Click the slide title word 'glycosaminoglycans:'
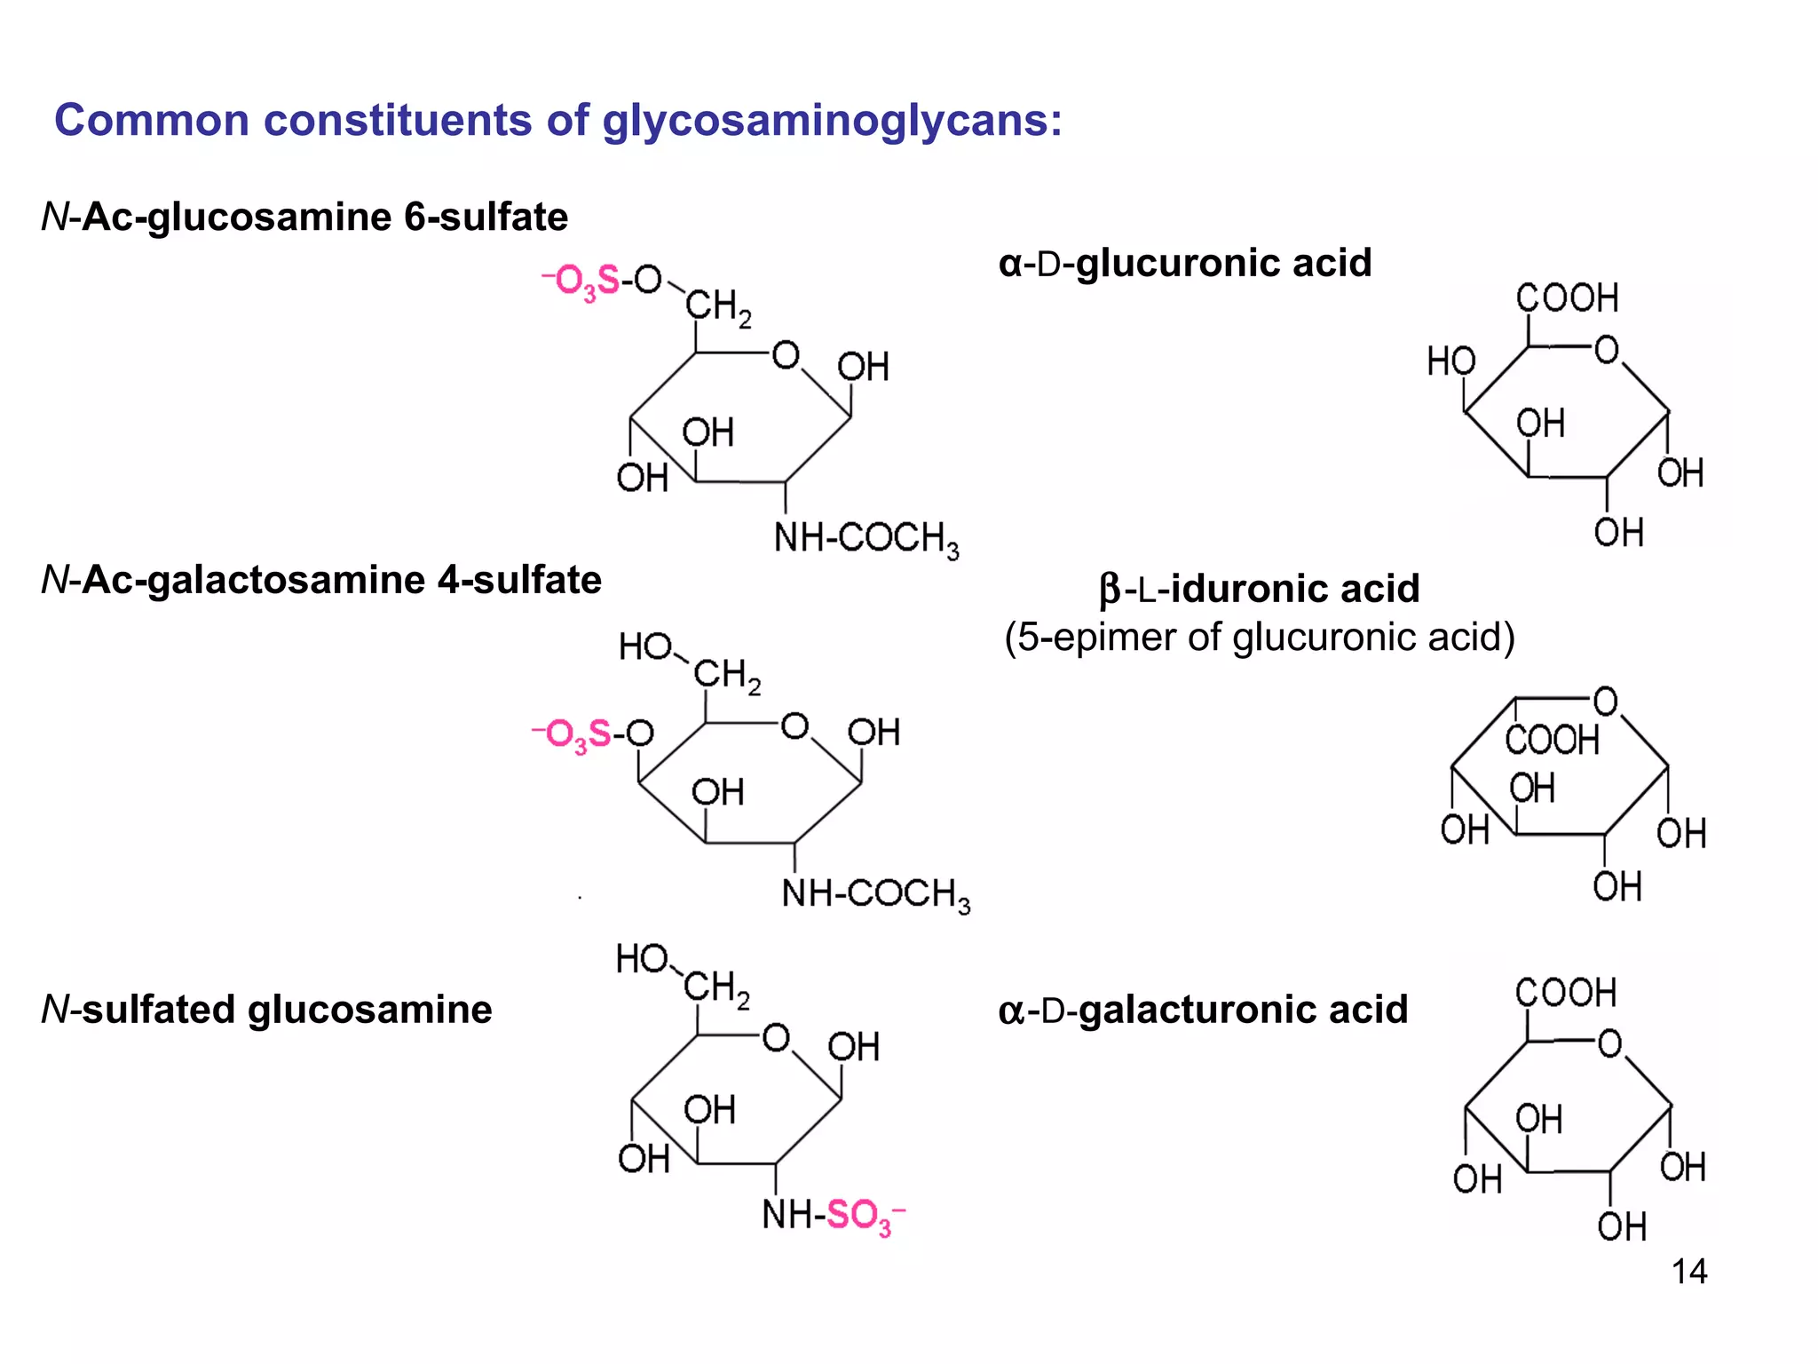point(832,121)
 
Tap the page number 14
point(1688,1272)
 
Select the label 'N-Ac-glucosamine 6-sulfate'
point(304,218)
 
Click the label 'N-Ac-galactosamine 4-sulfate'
point(321,580)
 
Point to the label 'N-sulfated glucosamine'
point(266,1010)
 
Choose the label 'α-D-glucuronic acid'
point(1184,263)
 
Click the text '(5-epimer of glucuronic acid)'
point(1259,637)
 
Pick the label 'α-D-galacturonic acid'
point(1203,1010)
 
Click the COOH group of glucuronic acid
point(1567,298)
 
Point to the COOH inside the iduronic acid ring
point(1551,740)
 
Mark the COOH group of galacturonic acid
point(1566,993)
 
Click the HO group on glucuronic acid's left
point(1450,361)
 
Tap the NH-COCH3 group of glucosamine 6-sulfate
point(866,538)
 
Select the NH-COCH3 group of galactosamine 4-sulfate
point(875,893)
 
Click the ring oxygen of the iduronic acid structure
point(1606,702)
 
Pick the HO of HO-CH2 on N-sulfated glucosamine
point(642,960)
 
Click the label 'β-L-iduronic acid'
point(1259,589)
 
